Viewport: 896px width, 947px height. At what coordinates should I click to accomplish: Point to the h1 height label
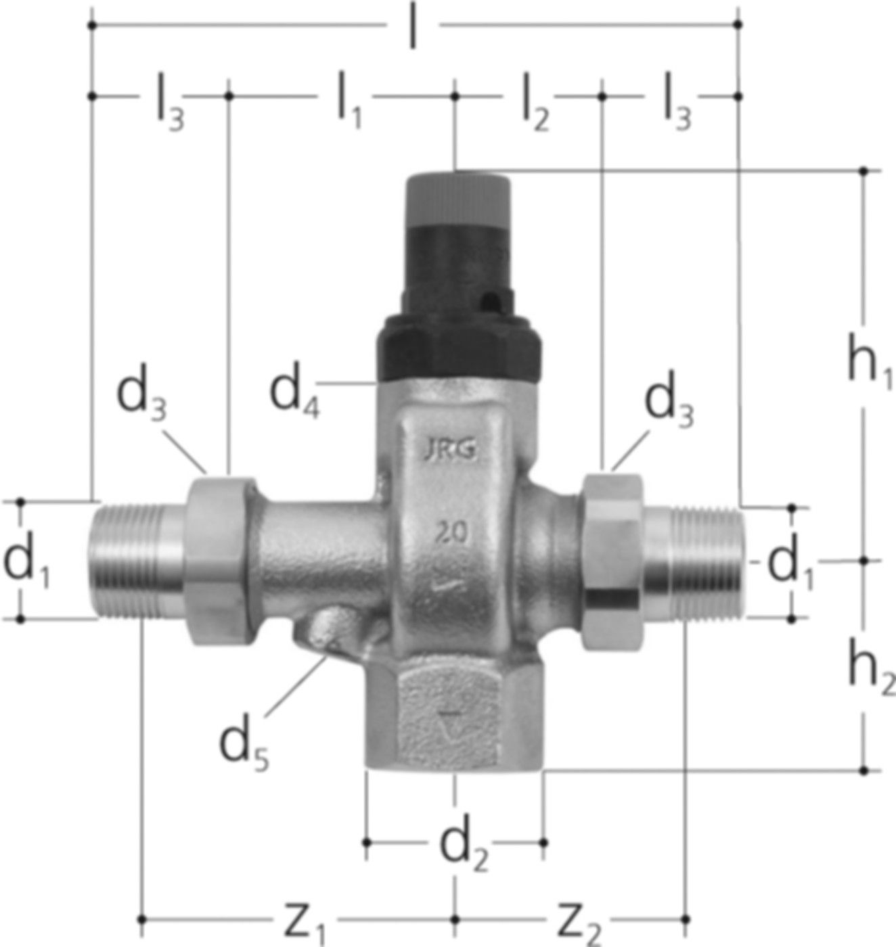pyautogui.click(x=870, y=367)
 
